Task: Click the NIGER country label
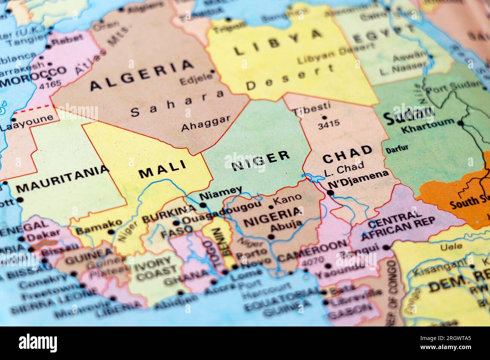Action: click(x=261, y=160)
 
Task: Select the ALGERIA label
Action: click(x=142, y=75)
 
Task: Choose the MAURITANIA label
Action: click(x=63, y=178)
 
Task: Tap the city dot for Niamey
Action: click(x=203, y=205)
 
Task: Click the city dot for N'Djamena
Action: click(x=330, y=193)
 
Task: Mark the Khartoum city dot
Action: click(x=460, y=123)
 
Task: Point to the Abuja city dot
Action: click(x=271, y=237)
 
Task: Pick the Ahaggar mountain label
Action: click(x=205, y=123)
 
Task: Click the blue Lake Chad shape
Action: click(x=312, y=177)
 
